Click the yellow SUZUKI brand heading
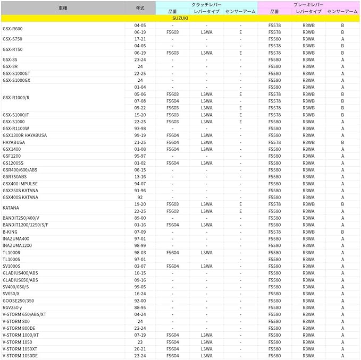pos(180,18)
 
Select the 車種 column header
pos(63,8)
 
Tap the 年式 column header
pos(140,8)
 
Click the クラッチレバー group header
pos(206,4)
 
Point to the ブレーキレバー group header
pos(308,4)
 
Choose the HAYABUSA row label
pos(14,142)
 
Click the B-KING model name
pos(10,232)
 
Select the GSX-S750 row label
pos(12,39)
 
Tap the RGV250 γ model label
pos(12,307)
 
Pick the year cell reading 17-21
pos(140,39)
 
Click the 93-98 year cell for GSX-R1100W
pos(140,128)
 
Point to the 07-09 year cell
pos(140,232)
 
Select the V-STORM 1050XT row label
pos(20,349)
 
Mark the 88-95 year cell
pos(140,307)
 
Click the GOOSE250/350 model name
pos(18,301)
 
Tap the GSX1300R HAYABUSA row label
pos(24,135)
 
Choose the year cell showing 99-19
pos(140,135)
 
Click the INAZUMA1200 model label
pos(17,246)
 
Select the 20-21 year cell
pos(140,349)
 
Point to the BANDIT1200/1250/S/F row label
pos(26,225)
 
